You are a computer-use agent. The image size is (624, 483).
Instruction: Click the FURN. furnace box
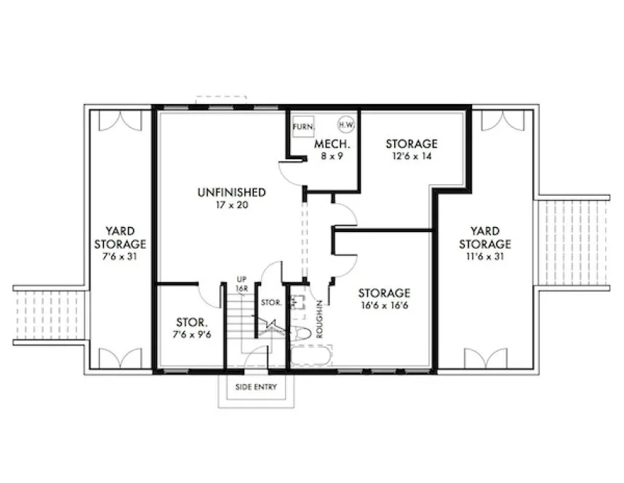[x=303, y=127]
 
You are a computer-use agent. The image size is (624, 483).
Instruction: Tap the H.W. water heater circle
[x=346, y=125]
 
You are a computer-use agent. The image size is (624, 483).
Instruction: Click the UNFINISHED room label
[x=231, y=192]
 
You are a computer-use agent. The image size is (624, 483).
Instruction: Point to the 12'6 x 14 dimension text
[x=411, y=156]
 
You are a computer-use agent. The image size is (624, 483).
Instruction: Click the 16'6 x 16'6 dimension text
[x=384, y=306]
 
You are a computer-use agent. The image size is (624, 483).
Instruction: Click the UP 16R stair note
[x=243, y=284]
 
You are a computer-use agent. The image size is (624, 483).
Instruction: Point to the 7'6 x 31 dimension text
[x=120, y=257]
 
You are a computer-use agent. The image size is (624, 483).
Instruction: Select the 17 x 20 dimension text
[x=231, y=205]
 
